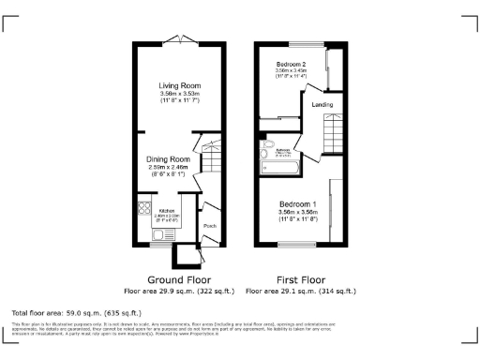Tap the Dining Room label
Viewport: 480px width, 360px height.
coord(168,159)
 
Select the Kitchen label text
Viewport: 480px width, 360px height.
coord(168,210)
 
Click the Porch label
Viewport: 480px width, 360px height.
coord(211,225)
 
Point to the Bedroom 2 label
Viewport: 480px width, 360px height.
coord(292,64)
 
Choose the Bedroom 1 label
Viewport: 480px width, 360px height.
coord(297,204)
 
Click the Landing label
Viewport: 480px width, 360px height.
coord(322,104)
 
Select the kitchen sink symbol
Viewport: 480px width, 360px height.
coord(144,231)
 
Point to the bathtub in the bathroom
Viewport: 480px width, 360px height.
coord(278,167)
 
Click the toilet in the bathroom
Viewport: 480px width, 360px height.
coord(267,156)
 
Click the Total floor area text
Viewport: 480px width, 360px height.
coord(75,311)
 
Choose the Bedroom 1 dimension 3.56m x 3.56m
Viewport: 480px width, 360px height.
coord(297,212)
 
